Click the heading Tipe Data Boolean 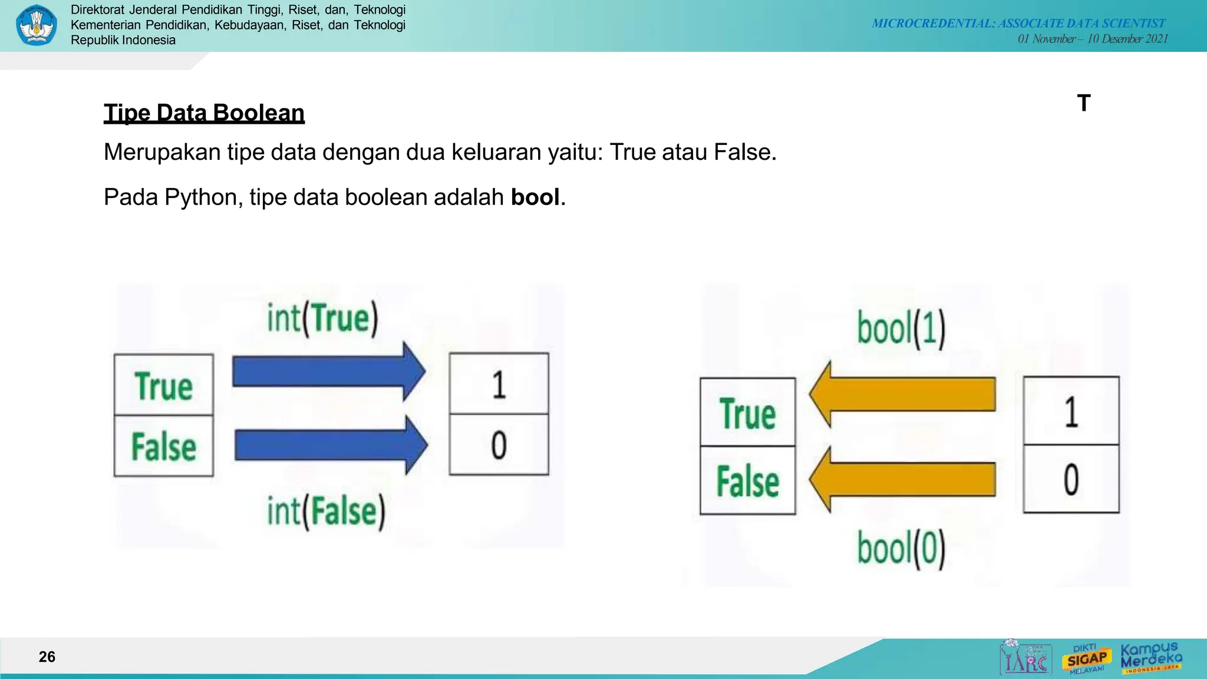204,113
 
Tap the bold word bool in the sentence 535,197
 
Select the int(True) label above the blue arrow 322,318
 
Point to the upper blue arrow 328,371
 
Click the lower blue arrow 331,445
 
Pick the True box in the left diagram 164,385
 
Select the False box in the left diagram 164,446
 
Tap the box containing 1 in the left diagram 499,384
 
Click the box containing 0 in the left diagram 499,445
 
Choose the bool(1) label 901,328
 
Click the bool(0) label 901,548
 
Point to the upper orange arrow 902,394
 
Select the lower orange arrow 902,479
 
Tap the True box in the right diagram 747,413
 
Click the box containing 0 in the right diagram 1071,479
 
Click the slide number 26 47,657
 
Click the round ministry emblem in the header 37,25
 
